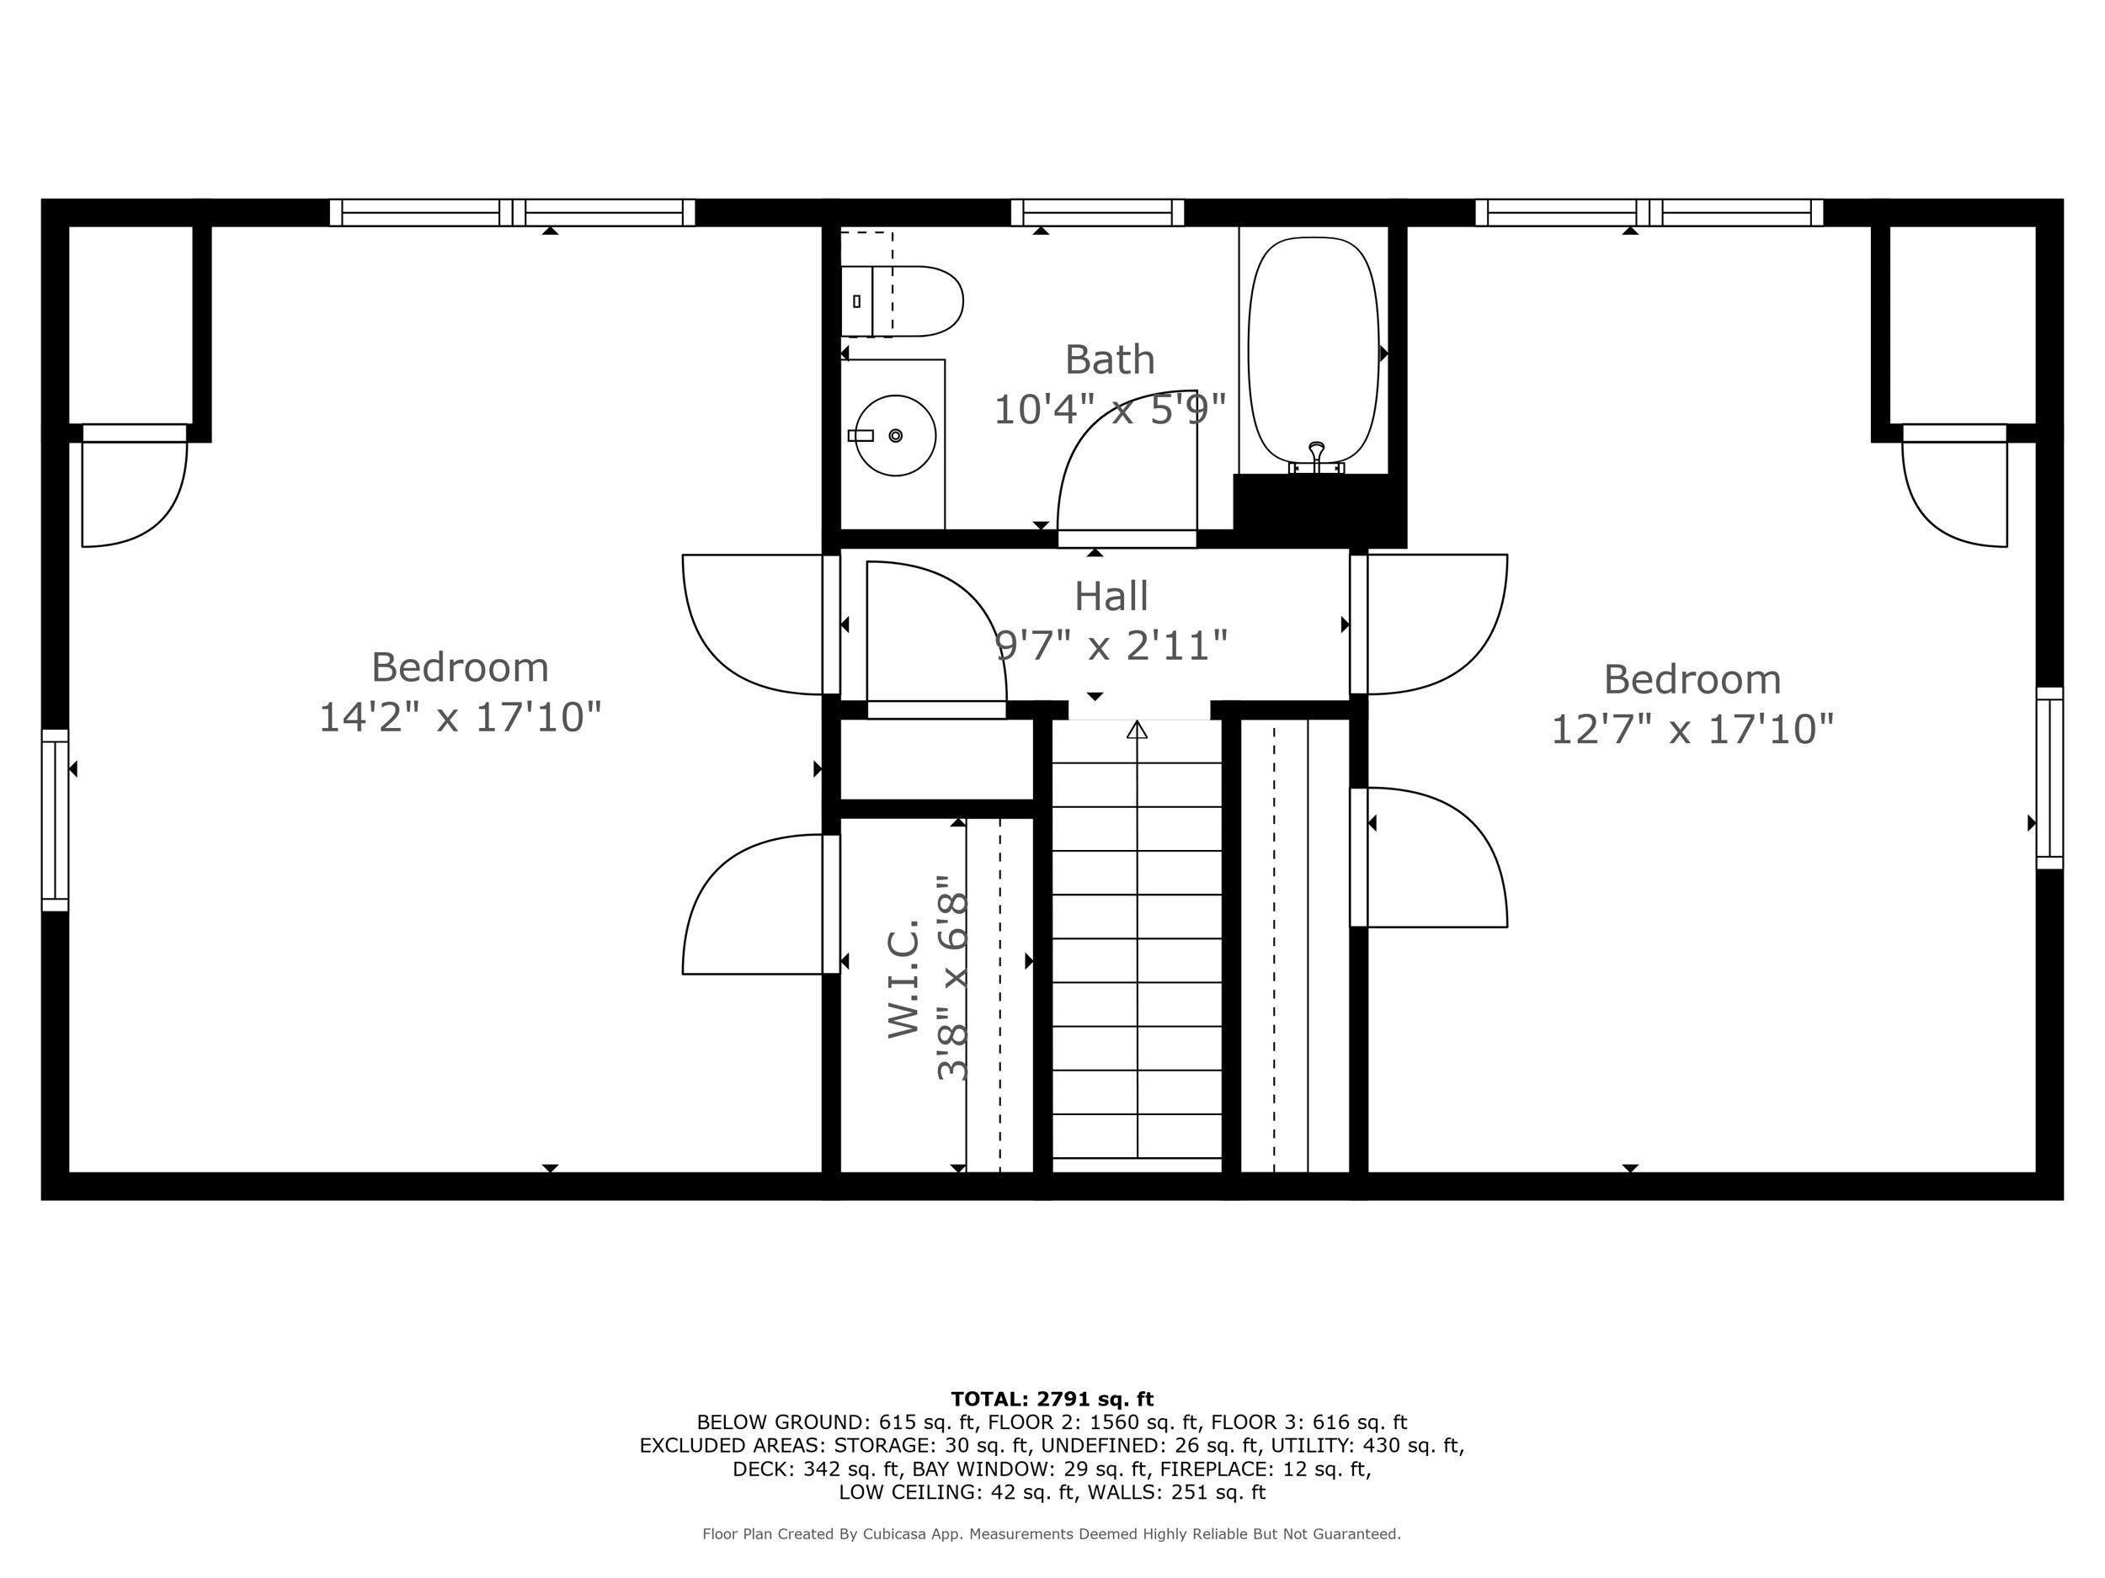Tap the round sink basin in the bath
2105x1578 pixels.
pos(894,436)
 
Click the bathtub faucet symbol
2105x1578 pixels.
pos(1317,455)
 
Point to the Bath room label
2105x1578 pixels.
pos(1110,359)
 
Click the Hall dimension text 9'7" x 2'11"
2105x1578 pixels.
pos(1111,646)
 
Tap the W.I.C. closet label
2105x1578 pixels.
pos(903,978)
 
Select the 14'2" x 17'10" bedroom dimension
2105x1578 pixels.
pos(460,717)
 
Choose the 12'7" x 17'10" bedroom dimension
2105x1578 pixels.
pos(1692,730)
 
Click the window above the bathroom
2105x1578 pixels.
pos(1097,212)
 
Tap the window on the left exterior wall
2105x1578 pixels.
pos(56,820)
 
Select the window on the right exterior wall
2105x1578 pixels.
pos(2049,778)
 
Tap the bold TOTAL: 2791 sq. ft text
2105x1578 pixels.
pos(1052,1400)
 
